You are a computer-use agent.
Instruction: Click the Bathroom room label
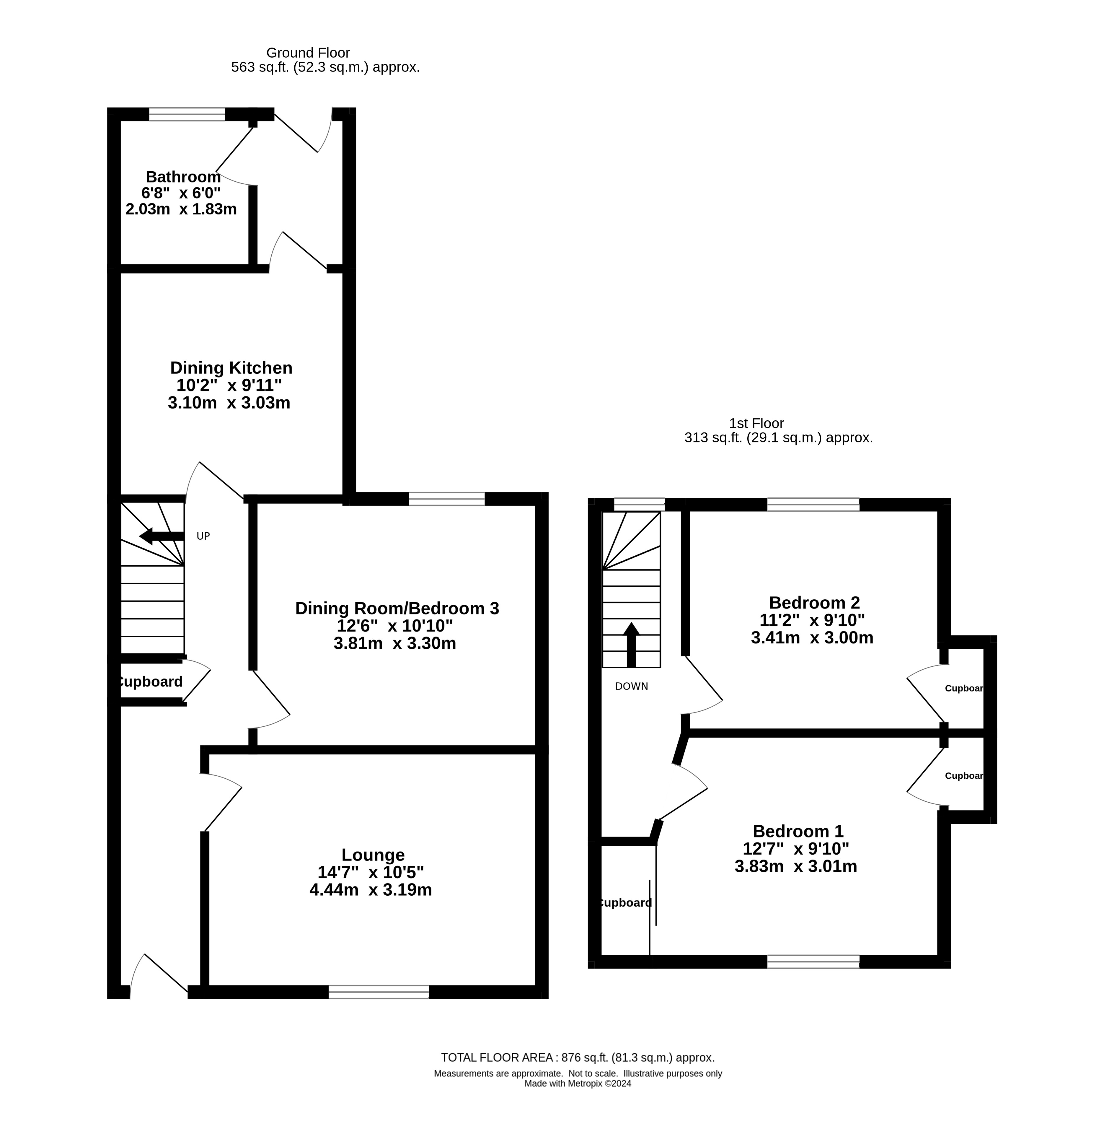coord(183,177)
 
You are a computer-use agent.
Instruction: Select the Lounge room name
coord(373,855)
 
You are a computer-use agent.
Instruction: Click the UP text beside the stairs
coord(203,536)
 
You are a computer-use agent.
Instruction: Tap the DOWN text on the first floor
coord(632,686)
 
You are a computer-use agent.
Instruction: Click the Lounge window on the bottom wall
coord(379,992)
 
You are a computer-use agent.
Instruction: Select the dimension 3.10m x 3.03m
coord(229,403)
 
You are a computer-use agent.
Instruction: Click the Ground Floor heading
coord(308,53)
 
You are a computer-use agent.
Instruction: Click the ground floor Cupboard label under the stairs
coord(150,682)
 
